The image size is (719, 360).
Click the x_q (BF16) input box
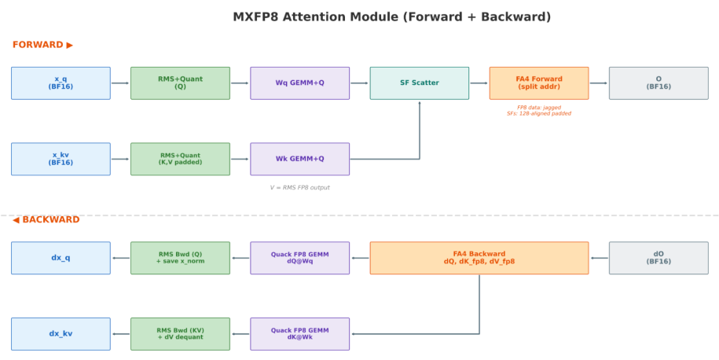point(61,83)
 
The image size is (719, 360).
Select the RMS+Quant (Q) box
point(180,83)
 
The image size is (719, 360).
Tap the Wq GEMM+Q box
point(300,83)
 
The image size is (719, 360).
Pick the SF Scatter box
point(420,83)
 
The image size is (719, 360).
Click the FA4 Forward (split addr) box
point(539,83)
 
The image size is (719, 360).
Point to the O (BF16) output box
point(658,83)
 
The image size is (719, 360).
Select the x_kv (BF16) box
point(61,159)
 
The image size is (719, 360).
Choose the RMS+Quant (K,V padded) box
point(180,159)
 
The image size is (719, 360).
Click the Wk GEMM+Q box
point(300,159)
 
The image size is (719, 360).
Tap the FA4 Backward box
point(479,258)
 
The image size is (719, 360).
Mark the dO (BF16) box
point(658,258)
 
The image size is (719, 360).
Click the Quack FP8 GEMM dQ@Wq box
point(300,258)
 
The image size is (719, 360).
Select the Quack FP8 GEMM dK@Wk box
point(300,334)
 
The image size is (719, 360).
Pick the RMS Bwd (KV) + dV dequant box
point(180,334)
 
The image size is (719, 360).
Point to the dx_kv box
point(61,334)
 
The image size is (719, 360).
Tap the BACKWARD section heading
point(46,219)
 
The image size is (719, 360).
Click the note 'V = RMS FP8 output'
point(300,188)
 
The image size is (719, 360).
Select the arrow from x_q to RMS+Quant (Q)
point(120,83)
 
